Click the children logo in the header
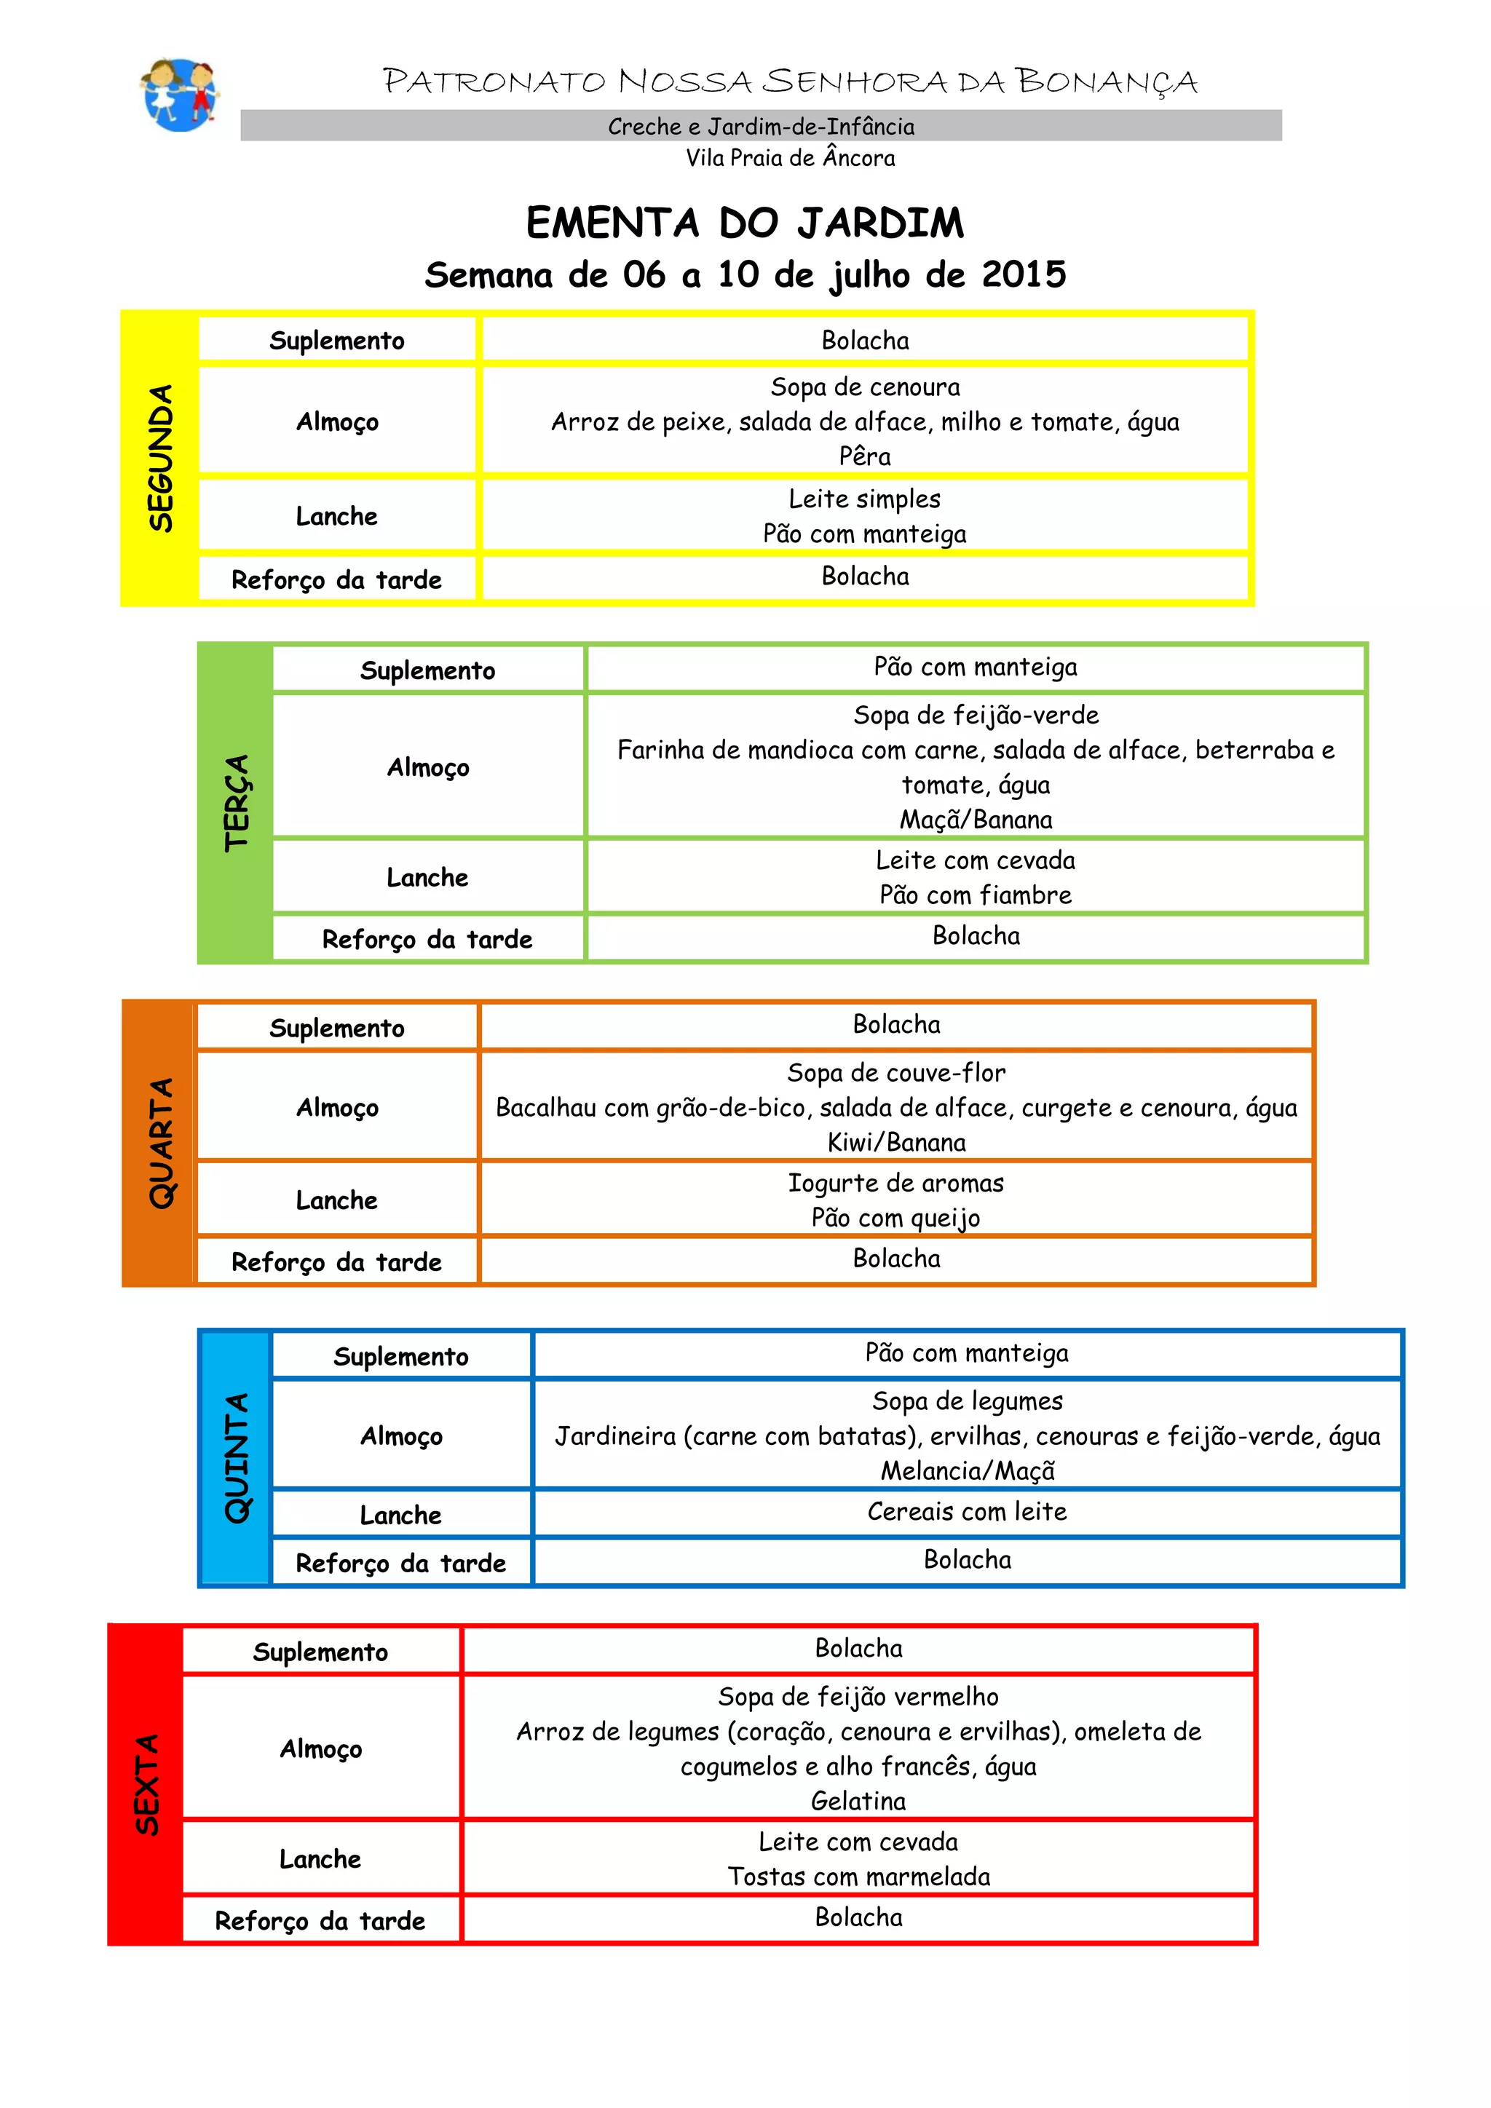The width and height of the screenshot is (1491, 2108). [x=180, y=94]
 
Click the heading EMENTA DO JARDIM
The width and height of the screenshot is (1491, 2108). [x=745, y=223]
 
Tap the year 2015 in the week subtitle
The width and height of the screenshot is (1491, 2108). [x=1024, y=274]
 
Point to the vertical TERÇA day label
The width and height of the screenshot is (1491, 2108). [x=236, y=802]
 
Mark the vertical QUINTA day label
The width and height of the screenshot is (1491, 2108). [x=236, y=1458]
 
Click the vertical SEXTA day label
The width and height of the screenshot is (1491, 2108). [x=147, y=1784]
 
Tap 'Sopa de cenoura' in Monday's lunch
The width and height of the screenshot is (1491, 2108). [x=865, y=387]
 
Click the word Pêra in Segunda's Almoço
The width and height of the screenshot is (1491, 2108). [x=865, y=456]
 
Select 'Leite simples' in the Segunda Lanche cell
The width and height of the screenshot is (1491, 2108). [x=865, y=499]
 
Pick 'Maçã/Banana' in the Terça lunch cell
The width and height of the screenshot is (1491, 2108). [x=976, y=820]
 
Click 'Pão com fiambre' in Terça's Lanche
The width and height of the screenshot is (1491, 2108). [x=976, y=895]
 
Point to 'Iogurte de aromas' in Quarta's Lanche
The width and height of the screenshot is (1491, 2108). [x=896, y=1184]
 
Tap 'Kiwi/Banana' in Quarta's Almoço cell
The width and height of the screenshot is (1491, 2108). [x=896, y=1143]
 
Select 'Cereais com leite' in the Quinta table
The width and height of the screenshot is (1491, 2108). [x=968, y=1512]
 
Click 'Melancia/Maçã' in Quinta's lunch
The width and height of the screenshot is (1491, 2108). [x=968, y=1472]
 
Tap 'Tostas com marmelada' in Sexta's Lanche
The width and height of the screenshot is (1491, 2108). [x=858, y=1877]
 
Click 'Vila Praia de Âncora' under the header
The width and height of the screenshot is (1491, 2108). [x=791, y=158]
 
